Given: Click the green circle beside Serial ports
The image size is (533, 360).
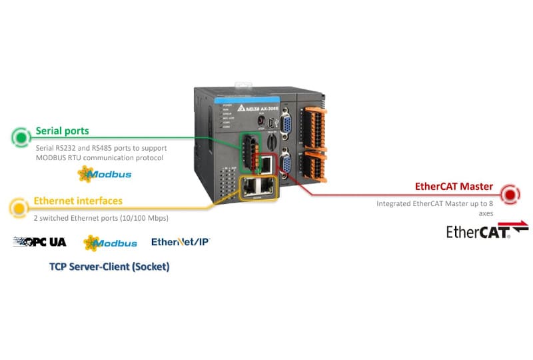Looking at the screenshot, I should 21,137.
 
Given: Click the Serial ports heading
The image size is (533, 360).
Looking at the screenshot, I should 62,131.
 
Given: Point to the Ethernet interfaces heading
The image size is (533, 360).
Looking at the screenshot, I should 78,201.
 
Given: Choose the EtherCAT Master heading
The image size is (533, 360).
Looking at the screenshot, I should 454,187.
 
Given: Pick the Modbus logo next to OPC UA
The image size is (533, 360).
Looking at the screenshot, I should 110,243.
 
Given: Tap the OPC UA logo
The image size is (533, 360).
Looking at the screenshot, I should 39,242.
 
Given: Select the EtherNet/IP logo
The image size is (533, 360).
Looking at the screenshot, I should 181,242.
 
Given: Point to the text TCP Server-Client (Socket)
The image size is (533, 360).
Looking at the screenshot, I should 109,267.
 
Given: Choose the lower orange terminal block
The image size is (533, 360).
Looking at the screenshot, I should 315,164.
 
